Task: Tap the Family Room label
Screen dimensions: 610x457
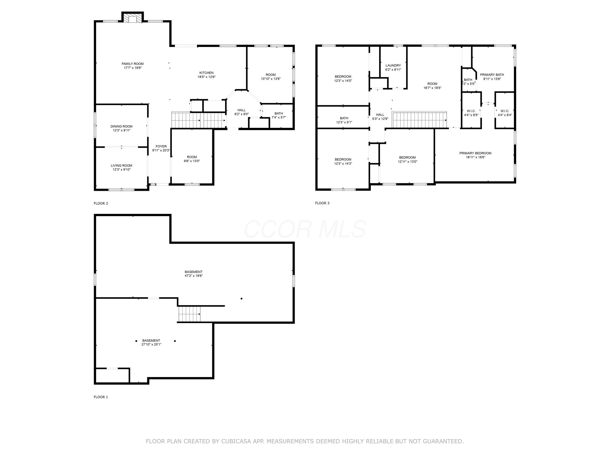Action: (133, 64)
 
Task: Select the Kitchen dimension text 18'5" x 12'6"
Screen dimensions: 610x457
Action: (207, 77)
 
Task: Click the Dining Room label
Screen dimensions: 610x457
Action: (121, 127)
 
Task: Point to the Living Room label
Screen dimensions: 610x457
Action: (121, 166)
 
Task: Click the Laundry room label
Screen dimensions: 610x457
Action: (393, 66)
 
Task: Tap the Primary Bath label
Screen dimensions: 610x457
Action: (492, 75)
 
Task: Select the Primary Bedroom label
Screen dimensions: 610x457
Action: (475, 153)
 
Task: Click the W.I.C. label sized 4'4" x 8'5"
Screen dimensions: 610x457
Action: (471, 111)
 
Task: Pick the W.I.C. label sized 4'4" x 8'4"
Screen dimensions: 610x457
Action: (505, 111)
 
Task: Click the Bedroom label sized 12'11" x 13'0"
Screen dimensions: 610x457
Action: (407, 158)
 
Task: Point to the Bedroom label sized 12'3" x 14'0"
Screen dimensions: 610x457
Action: (343, 77)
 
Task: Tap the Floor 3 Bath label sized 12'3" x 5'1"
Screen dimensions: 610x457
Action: (344, 118)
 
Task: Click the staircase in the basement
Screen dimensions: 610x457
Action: (189, 314)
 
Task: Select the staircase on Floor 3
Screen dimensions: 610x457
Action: (419, 120)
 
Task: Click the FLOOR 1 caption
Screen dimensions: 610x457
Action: (101, 397)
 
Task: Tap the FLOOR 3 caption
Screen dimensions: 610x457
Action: (322, 203)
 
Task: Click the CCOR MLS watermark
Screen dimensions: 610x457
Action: (305, 229)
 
